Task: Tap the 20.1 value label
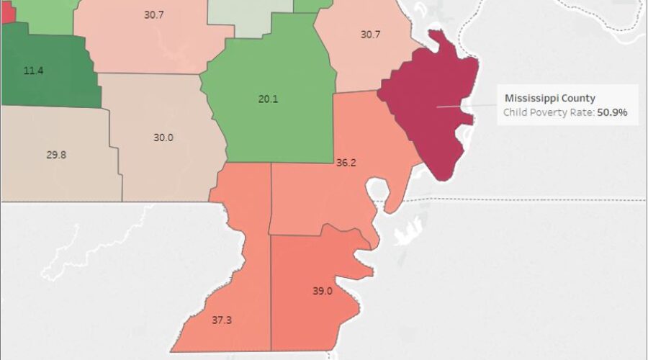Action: [268, 99]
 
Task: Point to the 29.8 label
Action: [56, 154]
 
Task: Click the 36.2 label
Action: [346, 163]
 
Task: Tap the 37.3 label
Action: [221, 320]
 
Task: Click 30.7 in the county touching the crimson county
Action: [369, 34]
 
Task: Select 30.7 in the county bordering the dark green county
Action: [154, 14]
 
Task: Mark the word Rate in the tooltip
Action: [580, 113]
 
